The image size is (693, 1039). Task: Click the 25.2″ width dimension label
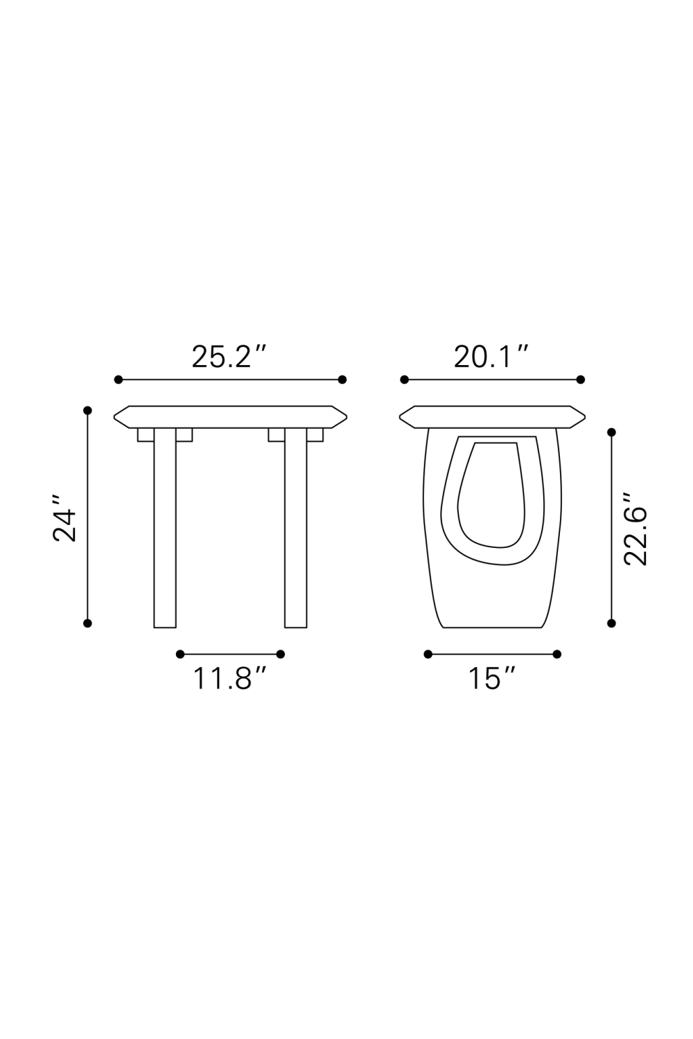pyautogui.click(x=229, y=357)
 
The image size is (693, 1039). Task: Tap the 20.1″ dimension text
pyautogui.click(x=491, y=357)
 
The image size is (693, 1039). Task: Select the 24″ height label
pyautogui.click(x=65, y=517)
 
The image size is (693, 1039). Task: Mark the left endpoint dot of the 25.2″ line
pyautogui.click(x=119, y=380)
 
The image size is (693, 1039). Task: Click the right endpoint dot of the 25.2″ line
pyautogui.click(x=342, y=380)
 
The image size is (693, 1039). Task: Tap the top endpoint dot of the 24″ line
pyautogui.click(x=87, y=411)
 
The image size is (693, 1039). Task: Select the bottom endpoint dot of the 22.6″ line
pyautogui.click(x=611, y=623)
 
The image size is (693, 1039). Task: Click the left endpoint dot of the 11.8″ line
pyautogui.click(x=180, y=654)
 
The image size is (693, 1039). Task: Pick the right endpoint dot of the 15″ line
pyautogui.click(x=557, y=654)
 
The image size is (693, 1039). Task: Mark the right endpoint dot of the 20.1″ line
pyautogui.click(x=581, y=380)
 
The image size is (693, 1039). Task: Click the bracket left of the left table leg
pyautogui.click(x=146, y=434)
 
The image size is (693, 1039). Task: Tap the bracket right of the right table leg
pyautogui.click(x=315, y=434)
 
